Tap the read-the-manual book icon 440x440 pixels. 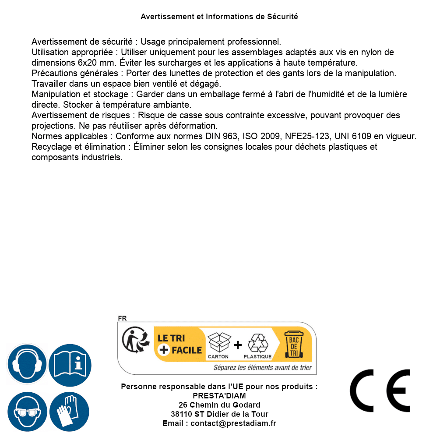(x=70, y=364)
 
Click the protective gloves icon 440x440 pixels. (x=70, y=412)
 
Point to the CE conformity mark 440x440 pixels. (x=380, y=391)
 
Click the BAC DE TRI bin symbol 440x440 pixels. (x=294, y=345)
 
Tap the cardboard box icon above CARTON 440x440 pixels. (x=218, y=342)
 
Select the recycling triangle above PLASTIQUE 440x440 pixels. (x=257, y=343)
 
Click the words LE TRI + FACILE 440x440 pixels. (x=180, y=344)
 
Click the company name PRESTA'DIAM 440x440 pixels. (x=219, y=396)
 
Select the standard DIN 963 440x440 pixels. (x=222, y=136)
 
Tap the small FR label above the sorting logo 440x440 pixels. (x=122, y=319)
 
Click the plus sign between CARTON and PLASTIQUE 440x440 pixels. (x=238, y=345)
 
